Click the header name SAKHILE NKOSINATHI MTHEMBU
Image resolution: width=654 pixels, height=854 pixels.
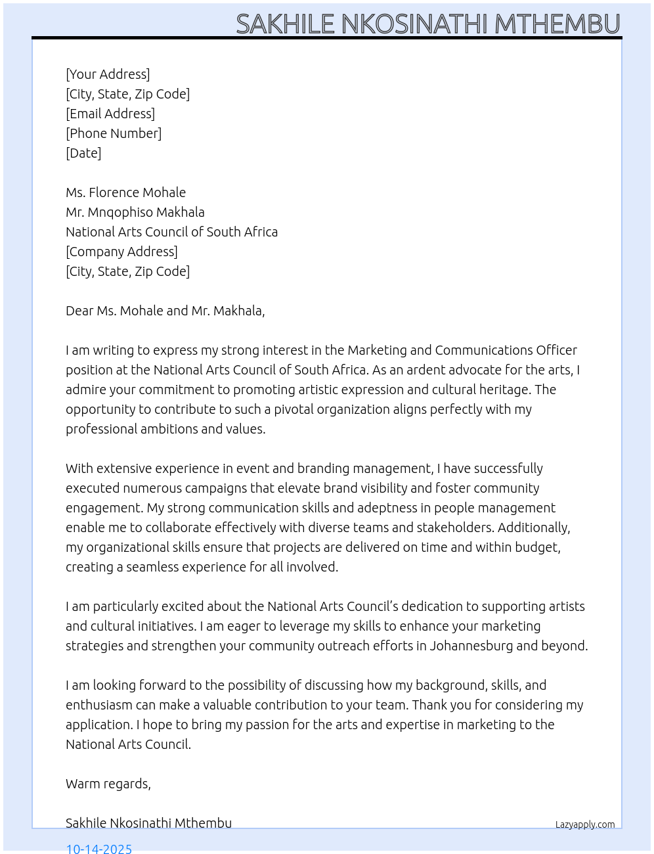click(x=427, y=24)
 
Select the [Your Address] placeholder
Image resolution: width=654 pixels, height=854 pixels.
click(x=108, y=74)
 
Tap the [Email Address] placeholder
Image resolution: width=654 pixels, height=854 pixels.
click(x=110, y=114)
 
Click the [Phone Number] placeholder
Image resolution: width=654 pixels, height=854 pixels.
click(x=114, y=133)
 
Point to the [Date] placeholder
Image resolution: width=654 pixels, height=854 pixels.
click(x=83, y=153)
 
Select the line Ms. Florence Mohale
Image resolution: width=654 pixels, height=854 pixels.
click(x=125, y=192)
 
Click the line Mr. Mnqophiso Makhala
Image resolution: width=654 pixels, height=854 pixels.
click(x=135, y=212)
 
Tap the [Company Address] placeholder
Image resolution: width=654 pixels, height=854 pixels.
click(x=121, y=252)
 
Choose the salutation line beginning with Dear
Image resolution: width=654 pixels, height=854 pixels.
click(x=165, y=311)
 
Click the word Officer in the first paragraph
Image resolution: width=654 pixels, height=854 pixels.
click(x=556, y=350)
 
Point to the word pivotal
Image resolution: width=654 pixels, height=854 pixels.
click(x=294, y=409)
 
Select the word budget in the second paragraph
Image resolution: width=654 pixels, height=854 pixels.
click(x=540, y=547)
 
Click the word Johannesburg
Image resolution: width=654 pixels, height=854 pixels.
click(x=471, y=646)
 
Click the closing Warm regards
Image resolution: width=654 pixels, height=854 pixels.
click(x=108, y=784)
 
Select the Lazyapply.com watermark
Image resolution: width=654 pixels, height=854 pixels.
click(x=585, y=824)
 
